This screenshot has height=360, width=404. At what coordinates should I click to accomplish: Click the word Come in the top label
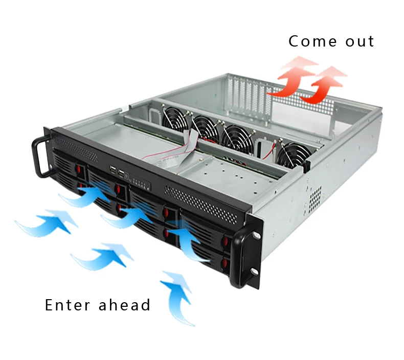(x=312, y=41)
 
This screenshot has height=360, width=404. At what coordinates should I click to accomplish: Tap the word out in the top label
(x=360, y=42)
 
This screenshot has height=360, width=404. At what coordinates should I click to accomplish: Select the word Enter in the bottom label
(x=68, y=305)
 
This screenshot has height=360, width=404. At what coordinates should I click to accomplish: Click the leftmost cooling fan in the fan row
(x=176, y=119)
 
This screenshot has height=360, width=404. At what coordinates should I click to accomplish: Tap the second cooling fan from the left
(x=206, y=129)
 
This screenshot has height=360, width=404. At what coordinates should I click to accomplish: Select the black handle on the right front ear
(x=241, y=258)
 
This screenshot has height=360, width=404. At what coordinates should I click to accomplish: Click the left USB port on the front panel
(x=113, y=170)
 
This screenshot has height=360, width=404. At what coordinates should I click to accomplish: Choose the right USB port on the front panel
(x=121, y=173)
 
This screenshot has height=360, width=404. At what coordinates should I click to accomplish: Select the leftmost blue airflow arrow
(x=47, y=223)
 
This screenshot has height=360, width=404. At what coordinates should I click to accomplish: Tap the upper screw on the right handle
(x=256, y=235)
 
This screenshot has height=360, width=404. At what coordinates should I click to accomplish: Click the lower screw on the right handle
(x=254, y=272)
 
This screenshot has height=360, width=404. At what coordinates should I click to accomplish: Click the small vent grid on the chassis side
(x=315, y=196)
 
